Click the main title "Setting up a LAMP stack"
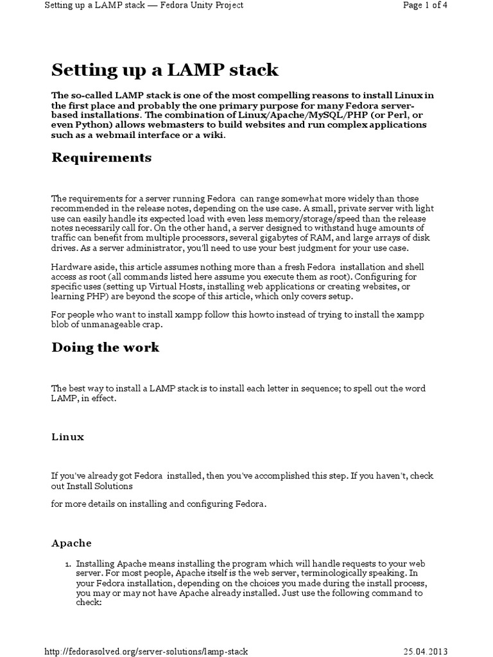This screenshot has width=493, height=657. (x=164, y=69)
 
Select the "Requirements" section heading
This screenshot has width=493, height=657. (x=101, y=158)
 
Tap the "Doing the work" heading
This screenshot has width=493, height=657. (x=105, y=348)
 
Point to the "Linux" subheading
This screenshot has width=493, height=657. (x=67, y=437)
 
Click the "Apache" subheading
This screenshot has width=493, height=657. (x=71, y=543)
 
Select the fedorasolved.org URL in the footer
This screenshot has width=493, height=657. (x=146, y=651)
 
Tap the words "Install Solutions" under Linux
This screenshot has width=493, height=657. (x=99, y=486)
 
